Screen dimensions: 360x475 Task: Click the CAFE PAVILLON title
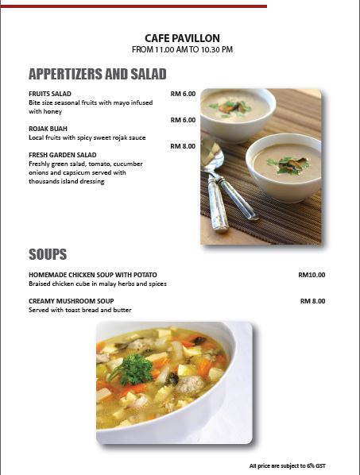(x=182, y=37)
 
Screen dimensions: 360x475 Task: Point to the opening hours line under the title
(x=182, y=49)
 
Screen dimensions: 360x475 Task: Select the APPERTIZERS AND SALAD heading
(x=97, y=75)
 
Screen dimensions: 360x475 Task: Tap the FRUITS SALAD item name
(x=50, y=94)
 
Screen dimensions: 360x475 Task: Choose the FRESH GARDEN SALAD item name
(x=63, y=155)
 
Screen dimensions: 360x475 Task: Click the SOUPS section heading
(x=48, y=255)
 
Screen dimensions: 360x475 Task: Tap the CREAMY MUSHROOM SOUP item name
(x=72, y=301)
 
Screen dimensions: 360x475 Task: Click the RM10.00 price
(x=312, y=275)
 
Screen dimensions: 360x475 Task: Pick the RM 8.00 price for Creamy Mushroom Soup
(x=312, y=301)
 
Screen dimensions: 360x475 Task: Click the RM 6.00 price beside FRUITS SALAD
(x=183, y=94)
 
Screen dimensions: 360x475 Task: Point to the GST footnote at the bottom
(x=287, y=465)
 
